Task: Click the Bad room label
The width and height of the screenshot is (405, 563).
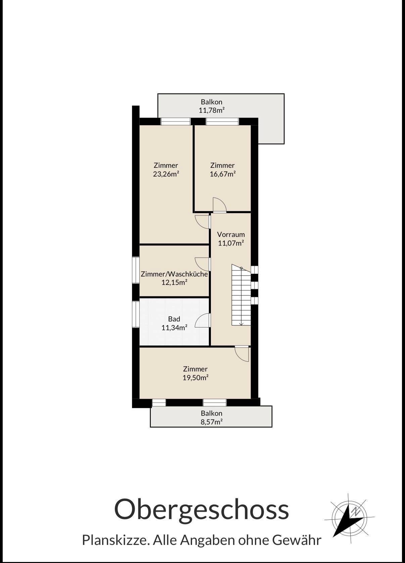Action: click(x=174, y=319)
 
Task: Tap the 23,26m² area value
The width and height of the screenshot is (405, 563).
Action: click(x=166, y=174)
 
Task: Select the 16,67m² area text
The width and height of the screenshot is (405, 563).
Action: click(x=223, y=174)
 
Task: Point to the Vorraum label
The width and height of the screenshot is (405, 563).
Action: click(x=231, y=235)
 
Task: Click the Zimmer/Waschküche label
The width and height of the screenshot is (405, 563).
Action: click(x=174, y=274)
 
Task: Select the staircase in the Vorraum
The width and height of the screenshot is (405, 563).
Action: click(x=241, y=295)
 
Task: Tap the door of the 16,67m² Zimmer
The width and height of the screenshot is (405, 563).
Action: click(x=220, y=205)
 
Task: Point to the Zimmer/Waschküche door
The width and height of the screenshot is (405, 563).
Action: click(x=203, y=264)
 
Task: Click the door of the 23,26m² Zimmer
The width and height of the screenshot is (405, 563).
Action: click(x=203, y=222)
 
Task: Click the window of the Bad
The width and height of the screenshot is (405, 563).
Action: click(x=136, y=314)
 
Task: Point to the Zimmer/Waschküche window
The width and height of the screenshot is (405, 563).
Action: click(x=136, y=270)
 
